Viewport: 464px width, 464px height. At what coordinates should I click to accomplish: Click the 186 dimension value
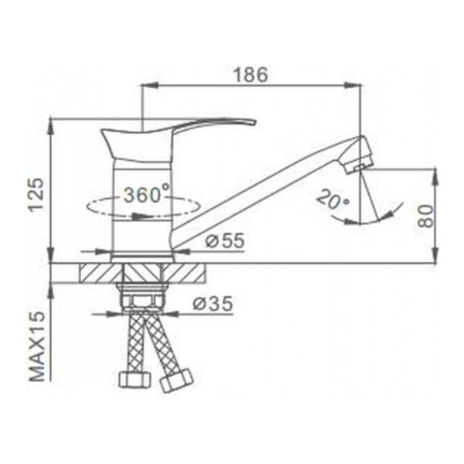[x=251, y=75]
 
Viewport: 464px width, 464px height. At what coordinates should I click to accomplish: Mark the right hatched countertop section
[x=186, y=274]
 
